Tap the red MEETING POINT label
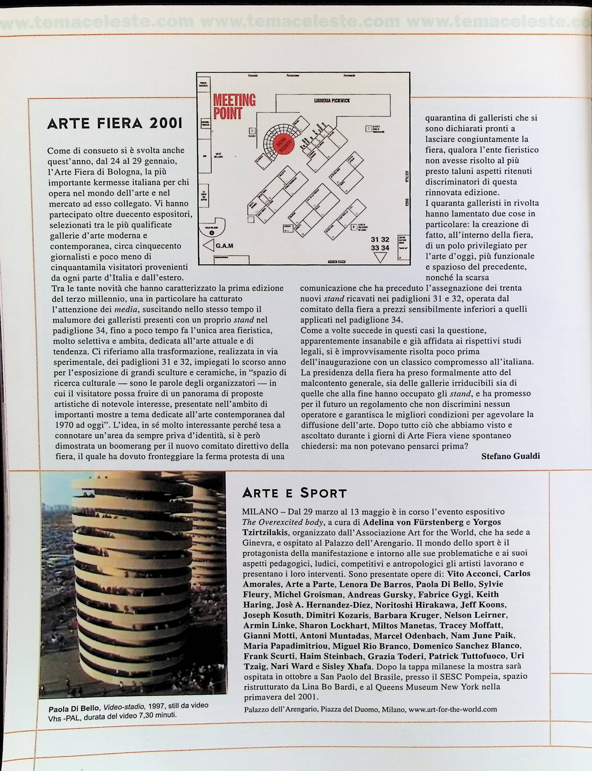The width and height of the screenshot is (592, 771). coord(234,106)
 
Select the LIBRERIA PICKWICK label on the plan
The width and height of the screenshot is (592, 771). coord(332,100)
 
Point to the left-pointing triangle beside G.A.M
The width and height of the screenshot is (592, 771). coord(209,245)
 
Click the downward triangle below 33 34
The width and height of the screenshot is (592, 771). coord(380,257)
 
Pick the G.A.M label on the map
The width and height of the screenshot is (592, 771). coord(224,246)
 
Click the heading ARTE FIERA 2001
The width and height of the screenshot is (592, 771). coord(115,123)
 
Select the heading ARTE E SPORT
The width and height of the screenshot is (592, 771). coord(295,493)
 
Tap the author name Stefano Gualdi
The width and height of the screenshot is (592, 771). coord(510,456)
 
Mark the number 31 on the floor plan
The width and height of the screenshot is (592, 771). coord(375,240)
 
